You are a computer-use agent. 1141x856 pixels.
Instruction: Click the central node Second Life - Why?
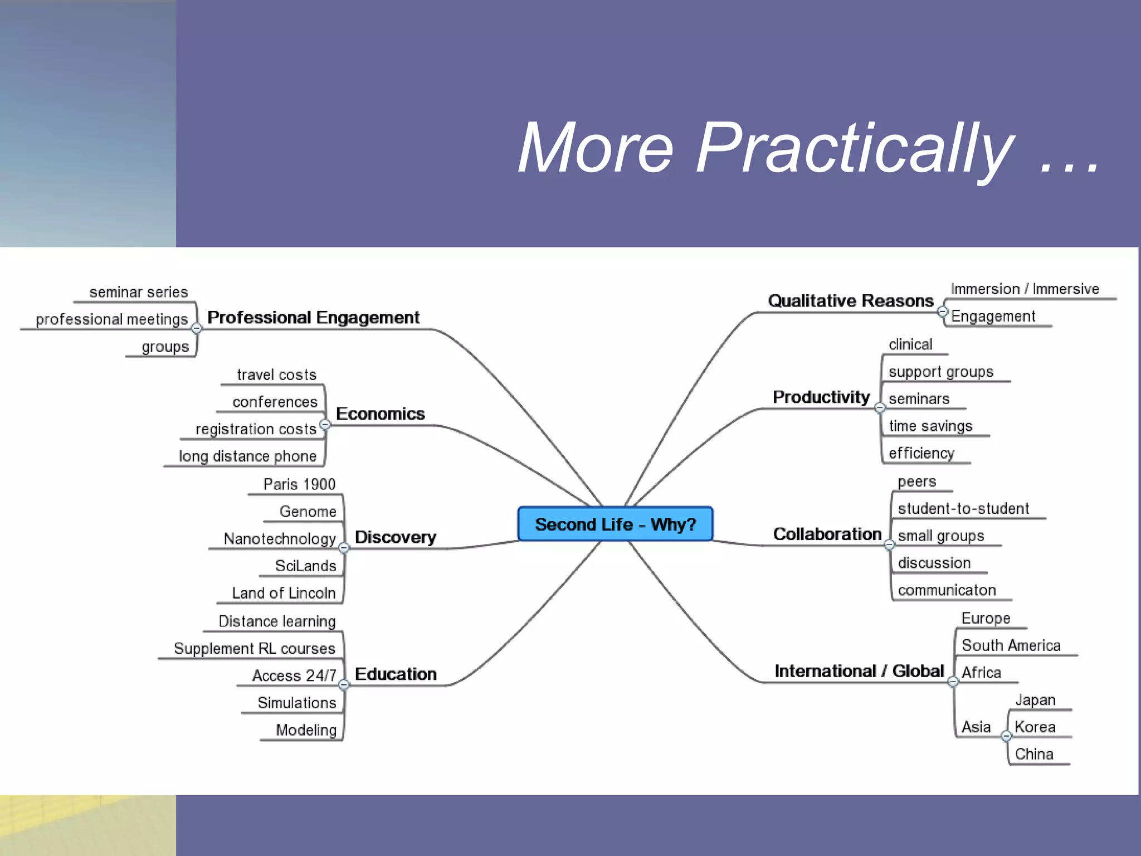tap(615, 524)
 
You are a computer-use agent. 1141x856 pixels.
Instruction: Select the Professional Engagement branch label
tap(313, 318)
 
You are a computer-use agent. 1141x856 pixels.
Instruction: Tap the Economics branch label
tap(381, 414)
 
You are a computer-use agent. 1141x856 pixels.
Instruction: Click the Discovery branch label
tap(396, 537)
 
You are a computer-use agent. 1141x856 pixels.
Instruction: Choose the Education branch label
tap(396, 674)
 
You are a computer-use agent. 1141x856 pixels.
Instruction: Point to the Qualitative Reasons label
tap(850, 301)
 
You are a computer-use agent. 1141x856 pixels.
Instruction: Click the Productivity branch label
tap(821, 397)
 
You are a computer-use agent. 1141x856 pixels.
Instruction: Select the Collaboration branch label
tap(827, 534)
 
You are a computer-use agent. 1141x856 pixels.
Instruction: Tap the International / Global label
tap(859, 671)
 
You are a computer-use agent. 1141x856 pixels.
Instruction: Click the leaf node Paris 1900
tap(299, 484)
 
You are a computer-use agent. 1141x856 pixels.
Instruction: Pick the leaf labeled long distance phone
tap(247, 456)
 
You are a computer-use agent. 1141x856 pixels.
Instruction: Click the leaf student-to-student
tap(963, 508)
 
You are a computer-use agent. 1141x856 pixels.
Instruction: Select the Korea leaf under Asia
tap(1035, 727)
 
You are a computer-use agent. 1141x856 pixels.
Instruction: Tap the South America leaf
tap(1011, 645)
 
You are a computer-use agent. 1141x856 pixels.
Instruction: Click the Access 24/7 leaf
tap(294, 675)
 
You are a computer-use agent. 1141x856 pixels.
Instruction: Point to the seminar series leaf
tap(139, 292)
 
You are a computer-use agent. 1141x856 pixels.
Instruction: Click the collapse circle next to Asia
tap(1006, 736)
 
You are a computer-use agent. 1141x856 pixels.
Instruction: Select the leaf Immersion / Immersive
tap(1025, 289)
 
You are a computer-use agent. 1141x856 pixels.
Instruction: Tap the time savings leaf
tap(930, 426)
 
